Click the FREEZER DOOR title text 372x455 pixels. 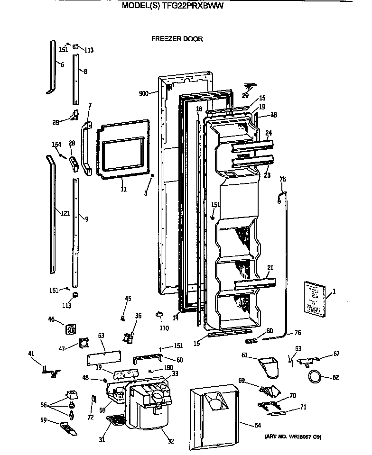pos(177,39)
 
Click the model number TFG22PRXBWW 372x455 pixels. pos(192,6)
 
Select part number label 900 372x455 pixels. pos(144,93)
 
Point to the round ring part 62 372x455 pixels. pos(313,377)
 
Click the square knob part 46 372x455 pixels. pos(73,329)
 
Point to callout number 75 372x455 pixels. pos(282,179)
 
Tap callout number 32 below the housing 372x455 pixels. pos(171,441)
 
